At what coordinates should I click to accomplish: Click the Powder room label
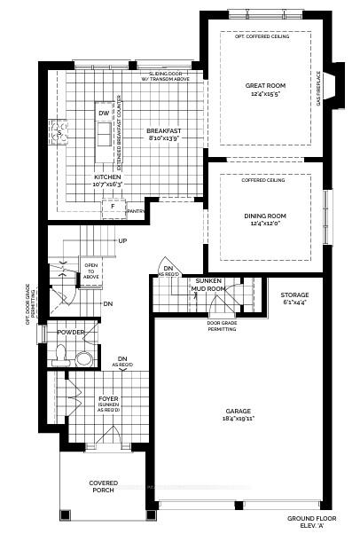pyautogui.click(x=71, y=332)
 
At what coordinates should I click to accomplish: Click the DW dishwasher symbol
pyautogui.click(x=103, y=114)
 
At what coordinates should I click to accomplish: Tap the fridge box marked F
pyautogui.click(x=112, y=206)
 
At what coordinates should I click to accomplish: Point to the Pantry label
pyautogui.click(x=136, y=211)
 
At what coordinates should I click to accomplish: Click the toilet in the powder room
pyautogui.click(x=61, y=356)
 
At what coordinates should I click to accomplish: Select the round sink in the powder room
pyautogui.click(x=82, y=357)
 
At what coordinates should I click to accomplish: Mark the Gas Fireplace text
pyautogui.click(x=317, y=89)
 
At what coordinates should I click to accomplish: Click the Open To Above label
pyautogui.click(x=91, y=269)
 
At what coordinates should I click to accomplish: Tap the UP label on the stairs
pyautogui.click(x=121, y=240)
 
